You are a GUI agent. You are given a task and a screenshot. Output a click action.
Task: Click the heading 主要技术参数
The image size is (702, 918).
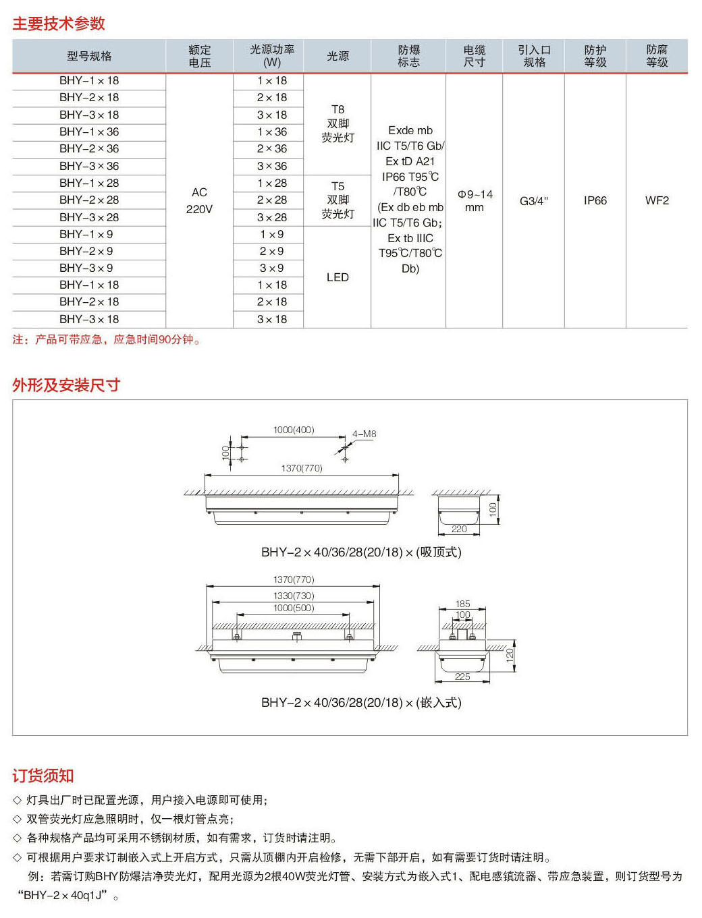59,24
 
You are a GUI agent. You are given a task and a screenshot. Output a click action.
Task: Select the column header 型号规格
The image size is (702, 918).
89,56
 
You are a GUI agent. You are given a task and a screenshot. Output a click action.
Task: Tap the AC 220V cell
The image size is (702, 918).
199,200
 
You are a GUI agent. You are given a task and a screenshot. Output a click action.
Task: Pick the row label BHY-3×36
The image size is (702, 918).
89,166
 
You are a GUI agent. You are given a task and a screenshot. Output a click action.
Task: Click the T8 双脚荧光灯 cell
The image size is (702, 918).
337,123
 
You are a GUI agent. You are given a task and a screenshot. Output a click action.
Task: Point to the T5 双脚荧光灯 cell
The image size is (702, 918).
337,200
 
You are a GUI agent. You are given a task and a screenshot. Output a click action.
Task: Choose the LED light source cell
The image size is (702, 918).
337,277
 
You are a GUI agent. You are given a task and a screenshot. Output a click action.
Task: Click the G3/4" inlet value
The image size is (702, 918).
533,201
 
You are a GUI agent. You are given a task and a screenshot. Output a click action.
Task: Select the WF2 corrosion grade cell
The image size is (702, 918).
657,200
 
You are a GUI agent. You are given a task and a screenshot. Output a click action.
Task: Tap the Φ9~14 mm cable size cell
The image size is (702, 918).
475,200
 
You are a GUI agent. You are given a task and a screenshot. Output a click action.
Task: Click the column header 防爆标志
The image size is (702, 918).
408,56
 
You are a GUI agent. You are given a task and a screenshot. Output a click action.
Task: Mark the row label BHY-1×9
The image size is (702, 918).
86,234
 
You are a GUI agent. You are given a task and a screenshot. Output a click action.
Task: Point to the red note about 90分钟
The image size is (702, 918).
107,339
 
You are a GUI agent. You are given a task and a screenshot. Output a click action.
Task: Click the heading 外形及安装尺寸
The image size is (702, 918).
66,385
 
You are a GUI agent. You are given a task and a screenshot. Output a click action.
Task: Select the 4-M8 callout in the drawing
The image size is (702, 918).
364,434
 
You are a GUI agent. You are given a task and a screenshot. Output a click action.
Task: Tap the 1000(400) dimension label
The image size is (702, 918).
294,430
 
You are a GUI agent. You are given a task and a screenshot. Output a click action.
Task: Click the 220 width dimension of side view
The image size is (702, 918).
459,529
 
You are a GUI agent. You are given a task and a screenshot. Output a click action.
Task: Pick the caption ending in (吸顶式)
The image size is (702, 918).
361,552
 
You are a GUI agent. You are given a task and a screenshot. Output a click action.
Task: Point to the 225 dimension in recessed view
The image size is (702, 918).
462,677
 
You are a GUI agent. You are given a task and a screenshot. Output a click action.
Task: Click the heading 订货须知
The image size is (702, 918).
43,776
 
